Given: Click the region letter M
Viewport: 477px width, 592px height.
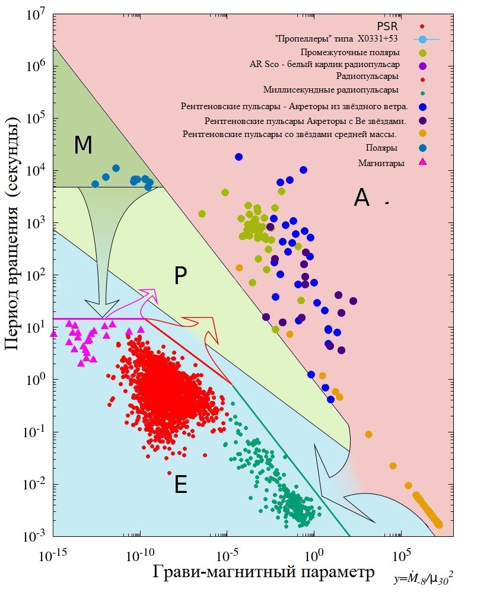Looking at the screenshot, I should [83, 145].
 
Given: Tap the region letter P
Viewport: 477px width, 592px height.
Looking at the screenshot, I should [181, 275].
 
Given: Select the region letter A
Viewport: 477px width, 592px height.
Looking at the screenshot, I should [361, 198].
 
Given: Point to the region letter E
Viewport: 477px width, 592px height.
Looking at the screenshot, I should [181, 486].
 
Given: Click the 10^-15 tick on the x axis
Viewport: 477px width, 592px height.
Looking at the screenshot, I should [53, 557].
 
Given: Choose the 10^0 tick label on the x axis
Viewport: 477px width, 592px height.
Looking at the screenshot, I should [314, 557].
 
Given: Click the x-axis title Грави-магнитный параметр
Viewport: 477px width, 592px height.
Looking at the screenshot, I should [264, 572].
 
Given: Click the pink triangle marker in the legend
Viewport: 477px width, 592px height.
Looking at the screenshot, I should [422, 161].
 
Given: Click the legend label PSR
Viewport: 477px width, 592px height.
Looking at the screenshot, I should [391, 26].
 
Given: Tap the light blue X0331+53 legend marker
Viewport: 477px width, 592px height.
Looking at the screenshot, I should [422, 40].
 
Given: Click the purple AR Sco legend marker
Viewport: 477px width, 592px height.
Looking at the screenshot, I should [422, 65].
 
